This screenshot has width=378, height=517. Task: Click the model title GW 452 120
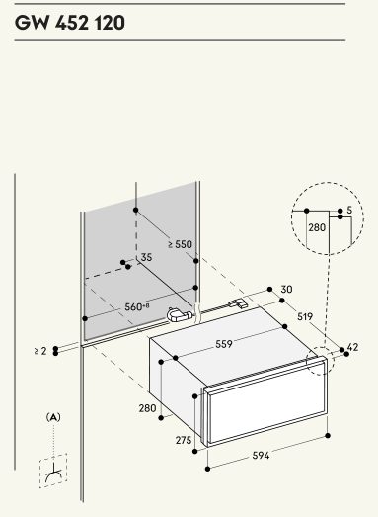click(x=70, y=23)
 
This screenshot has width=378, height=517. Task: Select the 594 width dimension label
click(x=261, y=456)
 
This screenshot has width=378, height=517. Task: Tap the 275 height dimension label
click(x=184, y=440)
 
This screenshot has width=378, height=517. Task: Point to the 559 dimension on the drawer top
click(x=224, y=344)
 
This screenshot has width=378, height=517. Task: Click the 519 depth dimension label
click(x=305, y=316)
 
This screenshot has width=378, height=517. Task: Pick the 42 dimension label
click(x=352, y=347)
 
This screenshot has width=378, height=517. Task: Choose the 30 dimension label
click(x=286, y=290)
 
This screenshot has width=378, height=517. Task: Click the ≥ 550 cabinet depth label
click(x=180, y=244)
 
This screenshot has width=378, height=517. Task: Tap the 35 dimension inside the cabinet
click(x=146, y=257)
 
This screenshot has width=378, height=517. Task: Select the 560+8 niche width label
click(x=137, y=307)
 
